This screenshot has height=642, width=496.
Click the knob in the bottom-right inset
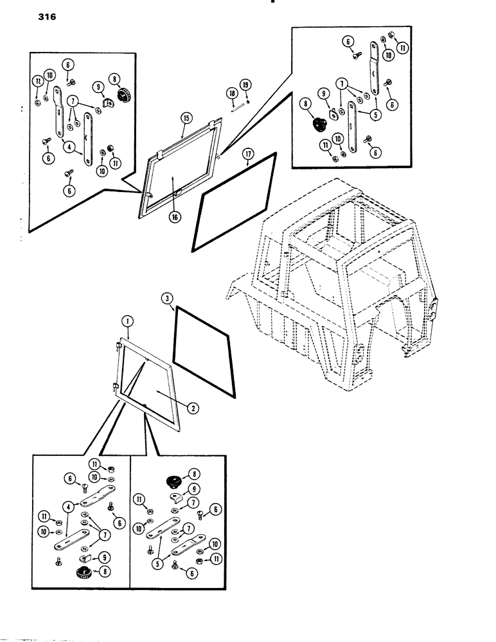click(x=173, y=479)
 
